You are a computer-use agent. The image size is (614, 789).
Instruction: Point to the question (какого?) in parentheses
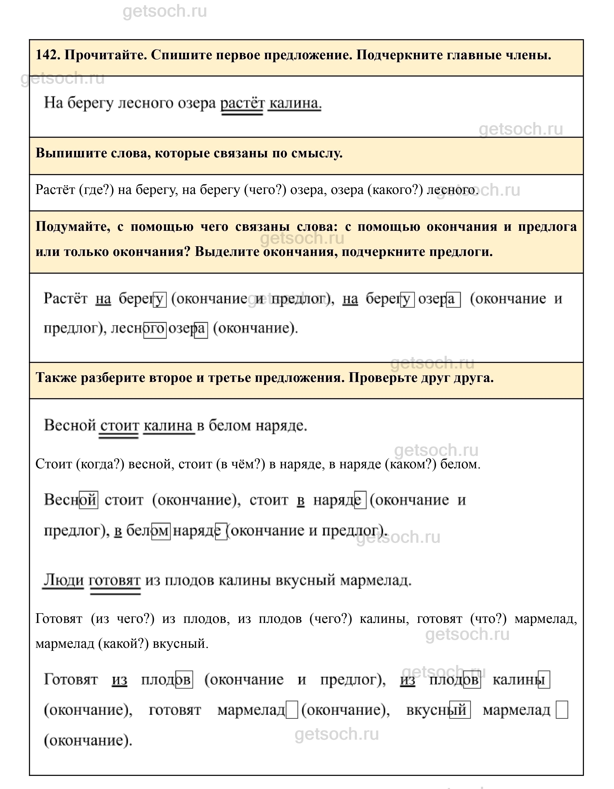[395, 190]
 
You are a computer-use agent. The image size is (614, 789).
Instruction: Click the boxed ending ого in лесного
[155, 329]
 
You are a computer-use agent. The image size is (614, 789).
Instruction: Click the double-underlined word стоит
[119, 425]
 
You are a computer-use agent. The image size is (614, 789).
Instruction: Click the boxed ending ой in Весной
[88, 500]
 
